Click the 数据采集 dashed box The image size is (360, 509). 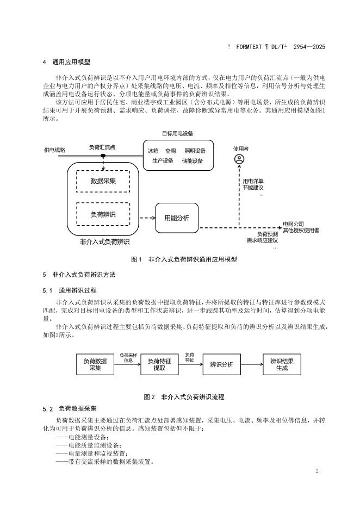point(103,181)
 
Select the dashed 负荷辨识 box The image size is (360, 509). point(103,214)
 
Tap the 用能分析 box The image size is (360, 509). point(177,218)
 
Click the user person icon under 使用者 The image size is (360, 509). point(239,159)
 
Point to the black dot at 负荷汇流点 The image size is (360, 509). point(103,156)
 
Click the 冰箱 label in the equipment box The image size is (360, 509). point(153,151)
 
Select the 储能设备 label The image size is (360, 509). point(193,160)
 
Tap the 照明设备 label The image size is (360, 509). point(195,151)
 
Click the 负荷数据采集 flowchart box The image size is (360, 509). point(95,364)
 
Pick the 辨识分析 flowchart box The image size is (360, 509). point(221,364)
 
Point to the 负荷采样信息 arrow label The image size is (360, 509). point(128,357)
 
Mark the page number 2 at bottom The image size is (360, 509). point(316,471)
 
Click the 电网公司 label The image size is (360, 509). point(293,224)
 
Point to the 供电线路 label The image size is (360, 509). point(54,150)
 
